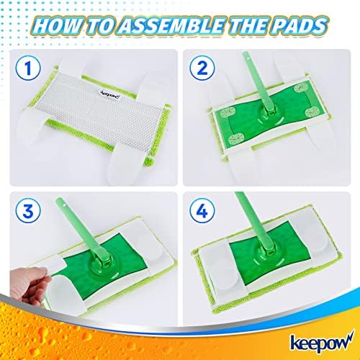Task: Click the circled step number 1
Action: point(28,68)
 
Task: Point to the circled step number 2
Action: point(202,68)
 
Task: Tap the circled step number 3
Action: point(28,211)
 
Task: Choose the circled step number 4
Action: point(202,211)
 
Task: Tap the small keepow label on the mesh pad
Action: point(110,94)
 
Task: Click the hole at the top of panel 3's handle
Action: point(65,204)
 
